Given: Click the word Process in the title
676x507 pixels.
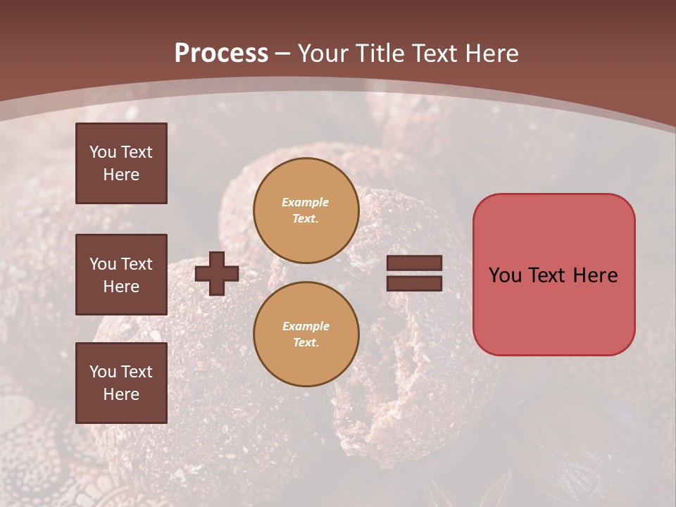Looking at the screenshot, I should tap(221, 54).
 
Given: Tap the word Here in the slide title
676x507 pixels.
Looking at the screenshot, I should tap(490, 54).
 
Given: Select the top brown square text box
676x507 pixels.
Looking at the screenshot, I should tap(121, 163).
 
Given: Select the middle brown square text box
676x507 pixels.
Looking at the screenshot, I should tap(121, 275).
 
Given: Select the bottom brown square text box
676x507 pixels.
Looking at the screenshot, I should tap(121, 383).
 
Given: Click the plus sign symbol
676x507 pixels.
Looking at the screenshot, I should tap(217, 273).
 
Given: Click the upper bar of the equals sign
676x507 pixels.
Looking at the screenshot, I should tap(414, 263).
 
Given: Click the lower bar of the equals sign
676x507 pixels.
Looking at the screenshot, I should tap(414, 283).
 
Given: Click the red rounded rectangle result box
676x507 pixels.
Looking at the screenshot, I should tap(553, 310).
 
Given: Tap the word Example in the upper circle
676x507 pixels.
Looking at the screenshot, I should tap(306, 202).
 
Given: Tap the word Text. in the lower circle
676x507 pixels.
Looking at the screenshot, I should tap(306, 342).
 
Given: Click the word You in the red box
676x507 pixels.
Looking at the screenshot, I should tap(504, 275).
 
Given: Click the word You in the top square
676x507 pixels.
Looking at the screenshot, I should tap(103, 152).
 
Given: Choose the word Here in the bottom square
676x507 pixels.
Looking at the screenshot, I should tap(121, 394).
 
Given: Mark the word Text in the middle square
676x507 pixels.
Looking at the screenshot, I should tap(136, 264).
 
